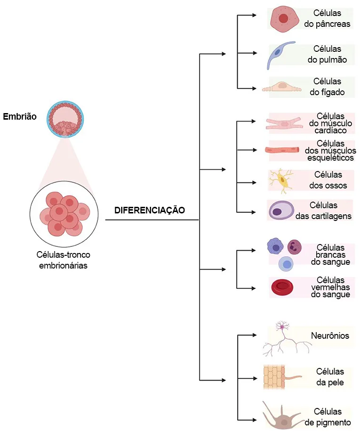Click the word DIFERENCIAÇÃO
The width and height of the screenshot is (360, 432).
click(150, 210)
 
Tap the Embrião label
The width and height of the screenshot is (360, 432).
click(19, 116)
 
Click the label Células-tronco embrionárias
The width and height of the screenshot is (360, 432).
click(64, 260)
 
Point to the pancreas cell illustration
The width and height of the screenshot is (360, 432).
click(284, 19)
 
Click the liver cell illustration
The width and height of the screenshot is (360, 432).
click(281, 86)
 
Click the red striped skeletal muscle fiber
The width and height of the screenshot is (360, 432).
click(282, 150)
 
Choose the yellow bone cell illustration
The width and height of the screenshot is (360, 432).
click(283, 181)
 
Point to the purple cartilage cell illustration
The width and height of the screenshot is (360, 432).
click(281, 210)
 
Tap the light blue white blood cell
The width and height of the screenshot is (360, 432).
click(285, 264)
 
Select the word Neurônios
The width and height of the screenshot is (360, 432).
click(330, 336)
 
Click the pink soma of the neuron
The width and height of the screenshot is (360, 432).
click(283, 327)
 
